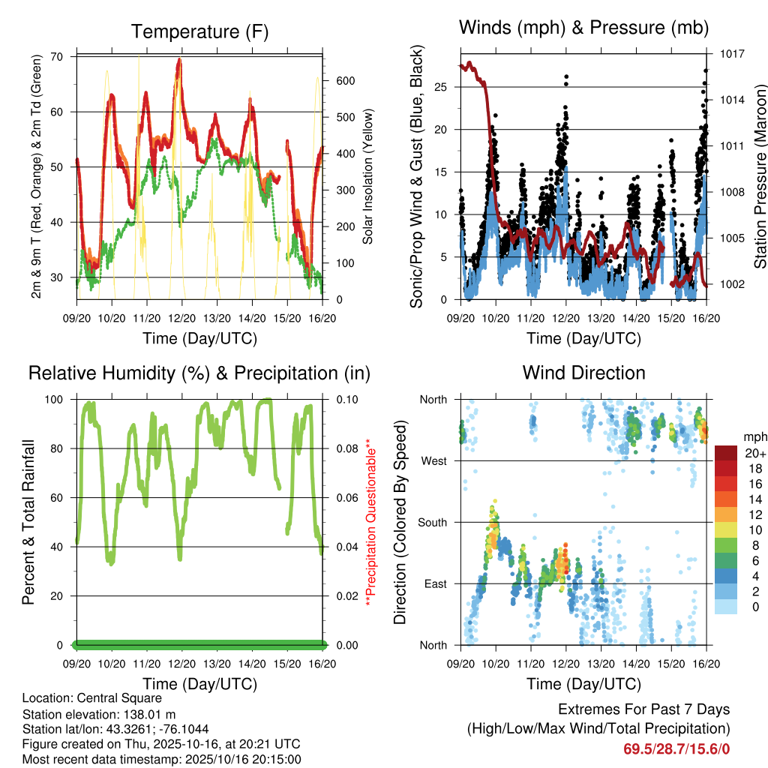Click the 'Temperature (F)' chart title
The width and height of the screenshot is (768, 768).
coord(199,31)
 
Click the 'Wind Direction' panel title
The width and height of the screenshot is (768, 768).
coord(583,373)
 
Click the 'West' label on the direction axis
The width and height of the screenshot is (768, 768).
coord(433,460)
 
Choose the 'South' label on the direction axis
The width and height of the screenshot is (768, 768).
coord(431,522)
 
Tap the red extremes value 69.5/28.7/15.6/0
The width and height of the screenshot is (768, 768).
coord(676,748)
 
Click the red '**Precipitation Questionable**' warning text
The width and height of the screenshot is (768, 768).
coord(368,523)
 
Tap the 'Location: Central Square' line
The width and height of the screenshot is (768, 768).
coord(91,698)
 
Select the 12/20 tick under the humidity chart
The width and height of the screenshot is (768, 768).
coord(181,663)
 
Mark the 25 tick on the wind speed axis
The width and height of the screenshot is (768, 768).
coord(442,88)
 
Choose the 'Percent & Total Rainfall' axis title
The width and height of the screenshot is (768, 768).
coord(28,522)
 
